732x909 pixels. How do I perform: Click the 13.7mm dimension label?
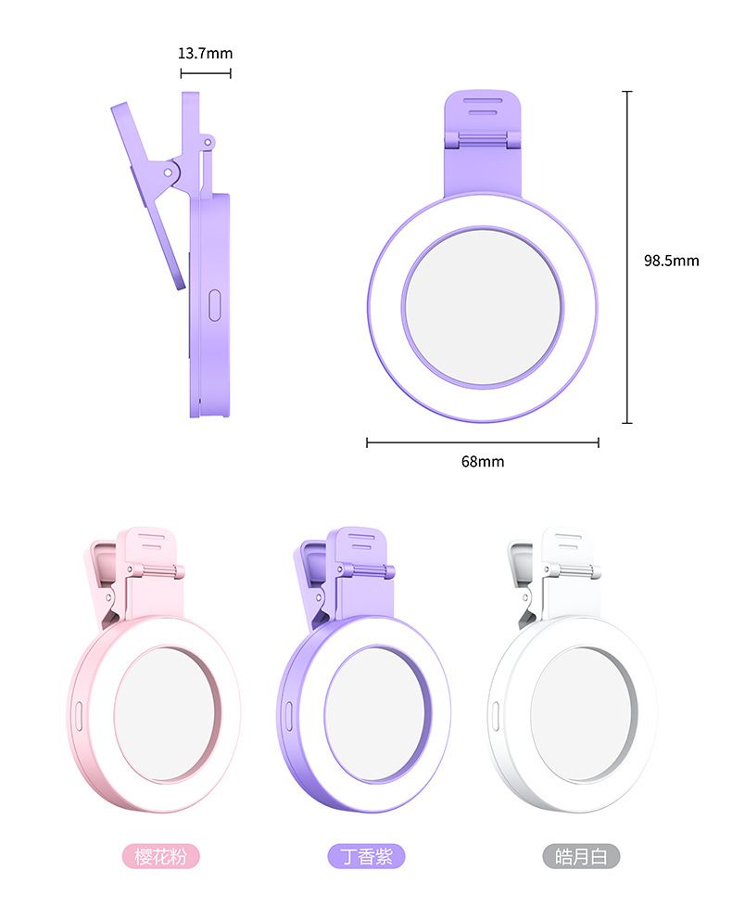205,54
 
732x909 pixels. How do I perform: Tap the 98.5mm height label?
671,261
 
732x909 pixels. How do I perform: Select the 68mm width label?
483,462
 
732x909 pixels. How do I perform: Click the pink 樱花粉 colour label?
161,856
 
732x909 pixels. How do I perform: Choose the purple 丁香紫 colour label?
366,856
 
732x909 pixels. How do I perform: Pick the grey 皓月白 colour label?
581,856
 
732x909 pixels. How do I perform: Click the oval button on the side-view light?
215,305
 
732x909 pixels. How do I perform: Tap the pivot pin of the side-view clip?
168,173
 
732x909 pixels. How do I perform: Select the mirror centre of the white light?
583,713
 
